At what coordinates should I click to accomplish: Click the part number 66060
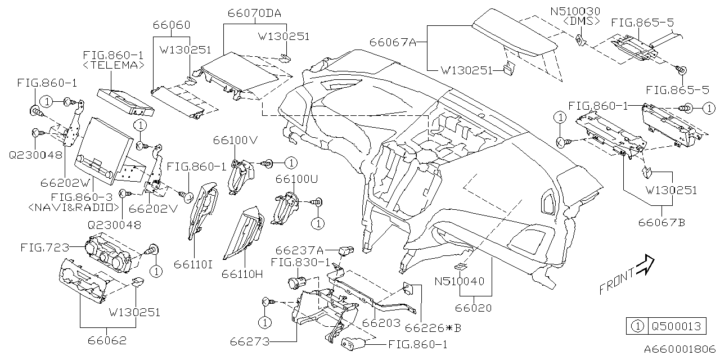172,25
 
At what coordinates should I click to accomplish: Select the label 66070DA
255,12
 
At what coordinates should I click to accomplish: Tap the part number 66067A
392,42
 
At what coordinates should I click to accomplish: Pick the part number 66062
107,340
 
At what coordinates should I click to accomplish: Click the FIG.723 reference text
45,247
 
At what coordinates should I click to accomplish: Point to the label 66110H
242,274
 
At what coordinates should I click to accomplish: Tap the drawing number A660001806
680,349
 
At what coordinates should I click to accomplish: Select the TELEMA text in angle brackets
114,65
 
